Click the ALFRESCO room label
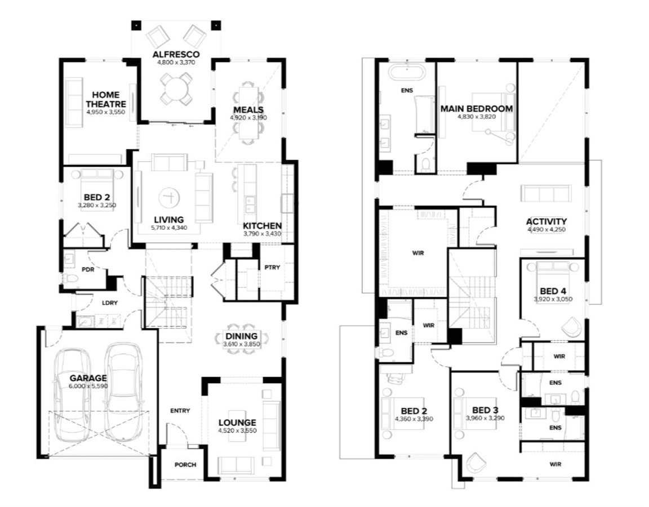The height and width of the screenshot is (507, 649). coord(176,54)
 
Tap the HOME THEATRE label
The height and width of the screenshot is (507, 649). coord(106,99)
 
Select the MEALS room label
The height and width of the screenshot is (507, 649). coord(248,110)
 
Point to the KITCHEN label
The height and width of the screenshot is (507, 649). coord(262,226)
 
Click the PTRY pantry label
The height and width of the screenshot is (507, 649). coord(272,268)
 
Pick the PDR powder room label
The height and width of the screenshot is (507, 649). coord(88,269)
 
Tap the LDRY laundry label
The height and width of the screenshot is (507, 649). coord(110,303)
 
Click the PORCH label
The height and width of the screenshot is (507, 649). coord(185,465)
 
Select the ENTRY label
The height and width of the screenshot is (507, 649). coord(180,411)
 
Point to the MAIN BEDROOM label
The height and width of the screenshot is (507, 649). coord(477,109)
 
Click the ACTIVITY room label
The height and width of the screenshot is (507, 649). coord(546,221)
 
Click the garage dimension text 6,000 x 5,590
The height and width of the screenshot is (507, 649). coord(88,386)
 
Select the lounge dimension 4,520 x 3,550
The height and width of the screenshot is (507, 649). coord(237,430)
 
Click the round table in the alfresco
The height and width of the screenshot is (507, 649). coord(176,88)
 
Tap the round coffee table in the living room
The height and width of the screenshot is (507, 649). coord(168,197)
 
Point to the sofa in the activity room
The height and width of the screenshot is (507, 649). coord(546,194)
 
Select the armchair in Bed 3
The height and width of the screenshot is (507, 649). coord(475,462)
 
